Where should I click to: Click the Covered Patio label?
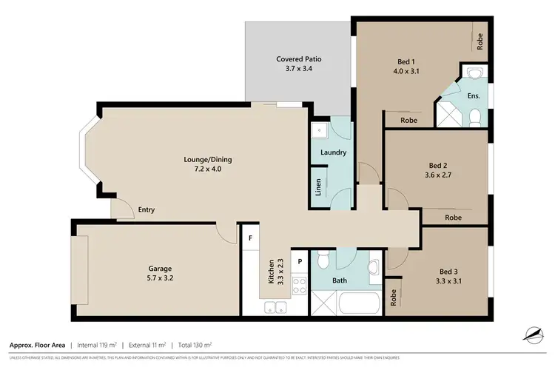(x=299, y=59)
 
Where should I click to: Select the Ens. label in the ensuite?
(x=474, y=96)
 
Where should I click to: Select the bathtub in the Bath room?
(x=358, y=304)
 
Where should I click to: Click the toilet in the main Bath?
(x=322, y=261)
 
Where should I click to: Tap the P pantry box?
(x=300, y=261)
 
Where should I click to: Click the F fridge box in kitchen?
(x=251, y=238)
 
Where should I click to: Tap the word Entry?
(x=147, y=210)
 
